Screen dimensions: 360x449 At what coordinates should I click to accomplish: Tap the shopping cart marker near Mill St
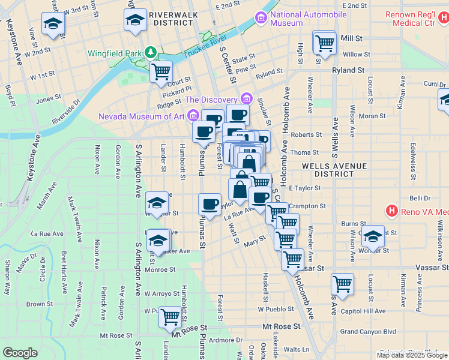pyautogui.click(x=324, y=43)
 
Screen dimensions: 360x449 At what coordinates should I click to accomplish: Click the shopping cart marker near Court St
pyautogui.click(x=161, y=71)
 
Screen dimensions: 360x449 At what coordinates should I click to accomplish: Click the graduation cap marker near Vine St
pyautogui.click(x=53, y=24)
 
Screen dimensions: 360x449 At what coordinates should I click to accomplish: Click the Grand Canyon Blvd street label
pyautogui.click(x=368, y=331)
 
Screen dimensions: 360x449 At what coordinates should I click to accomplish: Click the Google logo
pyautogui.click(x=20, y=353)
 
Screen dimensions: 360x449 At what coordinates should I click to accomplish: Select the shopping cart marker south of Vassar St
pyautogui.click(x=342, y=284)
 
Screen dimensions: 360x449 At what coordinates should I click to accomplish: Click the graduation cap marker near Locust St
pyautogui.click(x=373, y=236)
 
